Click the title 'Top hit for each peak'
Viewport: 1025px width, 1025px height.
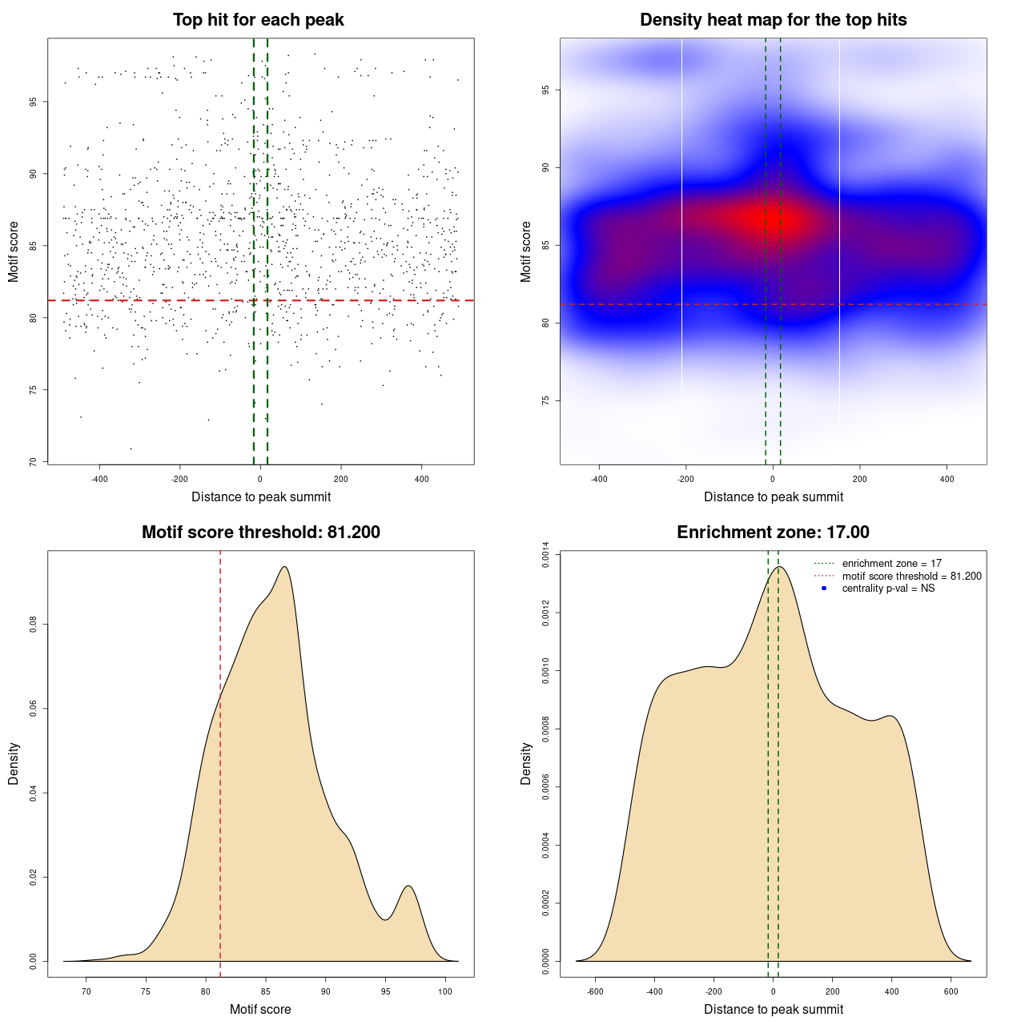(259, 20)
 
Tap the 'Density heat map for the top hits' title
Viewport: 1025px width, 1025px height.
(773, 20)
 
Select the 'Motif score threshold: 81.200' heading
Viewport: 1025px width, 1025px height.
(260, 533)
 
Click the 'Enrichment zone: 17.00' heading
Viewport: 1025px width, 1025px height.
(773, 533)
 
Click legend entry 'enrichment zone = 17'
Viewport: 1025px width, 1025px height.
(891, 564)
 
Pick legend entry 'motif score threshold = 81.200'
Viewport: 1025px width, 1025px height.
(911, 577)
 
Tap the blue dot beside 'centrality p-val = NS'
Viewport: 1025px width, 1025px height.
(824, 589)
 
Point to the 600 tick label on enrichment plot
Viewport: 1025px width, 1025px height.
(951, 991)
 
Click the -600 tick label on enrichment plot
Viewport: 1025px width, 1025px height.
(595, 991)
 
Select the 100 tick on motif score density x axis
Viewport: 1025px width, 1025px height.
(445, 991)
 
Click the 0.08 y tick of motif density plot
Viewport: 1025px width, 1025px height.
(33, 625)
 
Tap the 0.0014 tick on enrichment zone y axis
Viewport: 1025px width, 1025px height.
(545, 555)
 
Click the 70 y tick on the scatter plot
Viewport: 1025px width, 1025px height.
(33, 462)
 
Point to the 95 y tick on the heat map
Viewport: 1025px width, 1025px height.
(545, 90)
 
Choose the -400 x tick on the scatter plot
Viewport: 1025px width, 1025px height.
(99, 479)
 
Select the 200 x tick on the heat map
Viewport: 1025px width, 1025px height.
(859, 479)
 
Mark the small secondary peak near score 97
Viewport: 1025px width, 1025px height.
(409, 886)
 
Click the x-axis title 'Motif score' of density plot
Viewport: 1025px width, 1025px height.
(260, 1009)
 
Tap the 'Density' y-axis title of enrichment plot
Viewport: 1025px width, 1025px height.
(526, 763)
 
